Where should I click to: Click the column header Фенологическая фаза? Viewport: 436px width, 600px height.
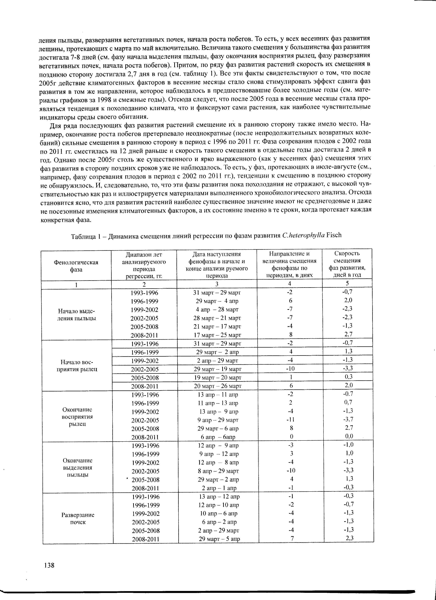pyautogui.click(x=76, y=266)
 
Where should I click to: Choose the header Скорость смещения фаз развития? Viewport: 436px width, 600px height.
pyautogui.click(x=347, y=264)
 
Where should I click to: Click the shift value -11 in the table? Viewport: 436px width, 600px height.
pyautogui.click(x=290, y=419)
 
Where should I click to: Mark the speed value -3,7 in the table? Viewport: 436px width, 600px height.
pyautogui.click(x=348, y=419)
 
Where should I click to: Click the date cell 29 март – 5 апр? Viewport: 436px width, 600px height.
pyautogui.click(x=219, y=539)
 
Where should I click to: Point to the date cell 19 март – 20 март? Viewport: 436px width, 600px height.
pyautogui.click(x=218, y=377)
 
